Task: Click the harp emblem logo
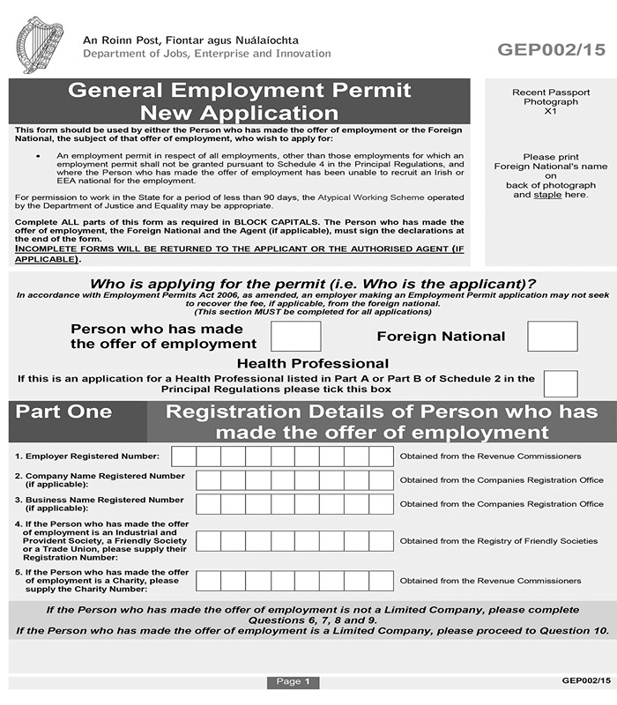40,46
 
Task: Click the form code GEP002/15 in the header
551,50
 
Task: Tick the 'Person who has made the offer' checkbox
295,336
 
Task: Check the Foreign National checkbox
552,336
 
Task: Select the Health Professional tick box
561,383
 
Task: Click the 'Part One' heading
64,412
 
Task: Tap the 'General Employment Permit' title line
240,90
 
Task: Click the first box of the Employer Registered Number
183,456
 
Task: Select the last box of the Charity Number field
381,581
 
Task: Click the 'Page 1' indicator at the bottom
293,681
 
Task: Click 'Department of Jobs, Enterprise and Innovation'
206,54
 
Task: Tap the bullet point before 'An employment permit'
37,155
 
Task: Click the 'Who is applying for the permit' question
314,284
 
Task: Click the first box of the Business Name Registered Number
208,503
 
